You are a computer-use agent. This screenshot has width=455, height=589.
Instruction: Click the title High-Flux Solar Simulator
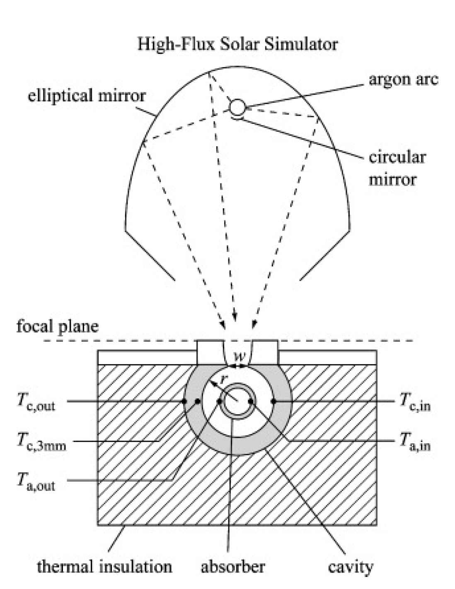237,43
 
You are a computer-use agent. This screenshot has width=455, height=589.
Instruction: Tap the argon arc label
403,79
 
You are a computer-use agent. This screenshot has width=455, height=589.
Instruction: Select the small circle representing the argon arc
237,107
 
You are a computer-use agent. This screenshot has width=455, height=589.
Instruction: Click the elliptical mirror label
87,96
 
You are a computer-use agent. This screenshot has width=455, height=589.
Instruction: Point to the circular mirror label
397,168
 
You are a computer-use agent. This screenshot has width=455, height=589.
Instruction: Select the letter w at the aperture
238,355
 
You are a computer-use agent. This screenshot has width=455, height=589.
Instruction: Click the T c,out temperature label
36,401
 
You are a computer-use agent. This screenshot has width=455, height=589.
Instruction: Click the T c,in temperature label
415,401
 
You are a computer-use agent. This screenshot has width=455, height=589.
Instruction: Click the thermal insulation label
104,566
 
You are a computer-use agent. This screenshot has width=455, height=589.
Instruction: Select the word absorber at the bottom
232,566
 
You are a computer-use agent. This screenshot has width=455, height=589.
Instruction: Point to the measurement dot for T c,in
273,401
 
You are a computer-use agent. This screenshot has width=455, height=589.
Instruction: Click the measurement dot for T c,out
184,401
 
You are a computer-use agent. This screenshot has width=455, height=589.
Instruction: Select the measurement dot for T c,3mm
198,401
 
